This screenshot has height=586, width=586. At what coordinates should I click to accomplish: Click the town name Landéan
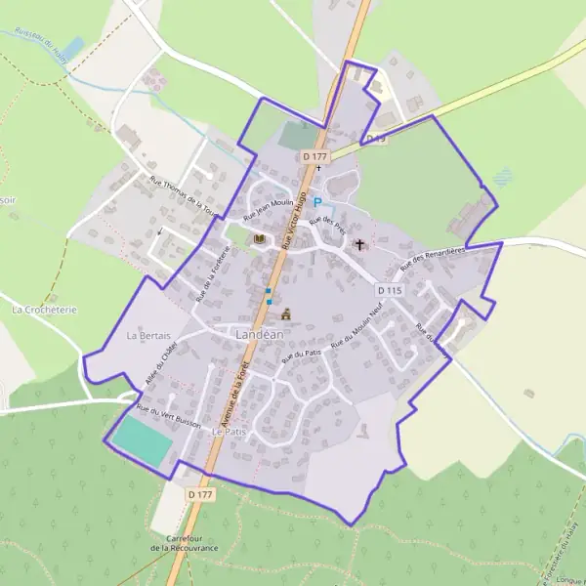[x=260, y=334]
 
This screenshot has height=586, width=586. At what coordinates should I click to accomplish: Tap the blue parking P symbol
[x=316, y=203]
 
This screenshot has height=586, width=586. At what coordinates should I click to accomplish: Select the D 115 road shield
[x=389, y=290]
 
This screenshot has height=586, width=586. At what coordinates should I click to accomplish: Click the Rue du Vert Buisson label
[x=169, y=417]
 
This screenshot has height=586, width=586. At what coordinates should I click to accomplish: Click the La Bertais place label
[x=148, y=336]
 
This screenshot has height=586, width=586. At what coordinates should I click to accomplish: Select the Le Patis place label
[x=228, y=431]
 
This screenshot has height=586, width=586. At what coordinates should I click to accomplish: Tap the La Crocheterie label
[x=44, y=309]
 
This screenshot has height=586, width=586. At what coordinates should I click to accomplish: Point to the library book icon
[x=259, y=239]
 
